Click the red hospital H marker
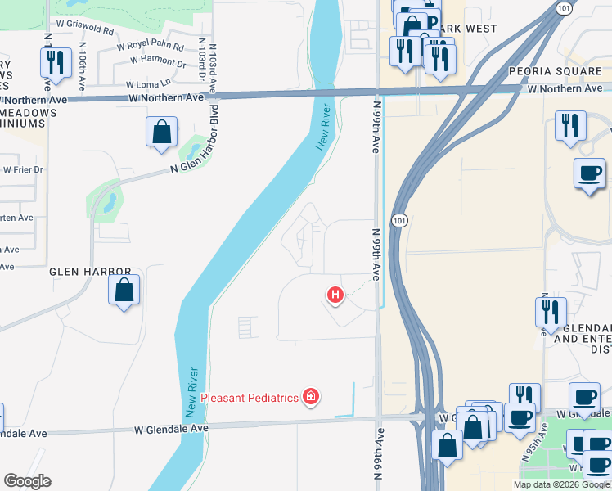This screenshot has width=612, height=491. tap(334, 295)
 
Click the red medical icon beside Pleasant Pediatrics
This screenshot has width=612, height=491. tap(310, 398)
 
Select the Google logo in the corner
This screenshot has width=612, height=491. tap(27, 481)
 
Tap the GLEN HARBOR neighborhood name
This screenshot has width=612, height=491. tap(90, 271)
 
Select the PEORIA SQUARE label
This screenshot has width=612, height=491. tap(547, 72)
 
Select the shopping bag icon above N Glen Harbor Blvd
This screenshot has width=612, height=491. tap(162, 131)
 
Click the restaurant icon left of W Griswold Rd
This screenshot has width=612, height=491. tap(55, 61)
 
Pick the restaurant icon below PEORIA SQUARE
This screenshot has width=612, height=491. tap(569, 124)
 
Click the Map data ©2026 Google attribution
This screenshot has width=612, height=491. tap(561, 484)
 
